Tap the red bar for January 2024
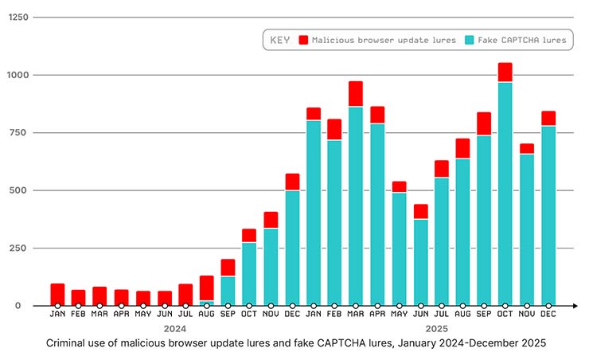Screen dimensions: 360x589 point(57,293)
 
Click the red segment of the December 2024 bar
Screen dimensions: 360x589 point(291,182)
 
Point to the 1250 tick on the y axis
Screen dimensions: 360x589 point(18,18)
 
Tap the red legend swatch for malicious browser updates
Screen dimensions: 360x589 point(303,40)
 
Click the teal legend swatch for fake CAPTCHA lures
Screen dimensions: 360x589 point(470,40)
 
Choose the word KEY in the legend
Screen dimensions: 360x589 point(280,40)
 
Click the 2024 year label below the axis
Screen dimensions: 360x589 point(174,328)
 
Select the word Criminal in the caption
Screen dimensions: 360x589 point(68,343)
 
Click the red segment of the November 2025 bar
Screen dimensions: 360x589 point(527,149)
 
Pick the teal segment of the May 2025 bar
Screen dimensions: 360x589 point(399,248)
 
